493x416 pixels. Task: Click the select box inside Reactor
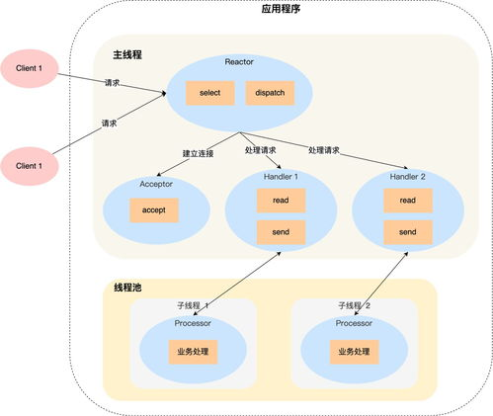tap(209, 93)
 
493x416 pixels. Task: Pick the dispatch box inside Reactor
tap(269, 93)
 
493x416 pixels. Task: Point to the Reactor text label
tap(239, 61)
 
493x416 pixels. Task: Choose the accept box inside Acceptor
tap(153, 210)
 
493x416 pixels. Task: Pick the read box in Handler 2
tap(407, 200)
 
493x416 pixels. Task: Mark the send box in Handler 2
tap(407, 233)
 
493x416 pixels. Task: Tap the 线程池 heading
tap(130, 288)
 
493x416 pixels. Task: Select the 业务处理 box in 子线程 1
tap(194, 352)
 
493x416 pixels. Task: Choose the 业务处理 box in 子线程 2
tap(354, 352)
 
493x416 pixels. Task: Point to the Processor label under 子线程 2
tap(354, 323)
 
